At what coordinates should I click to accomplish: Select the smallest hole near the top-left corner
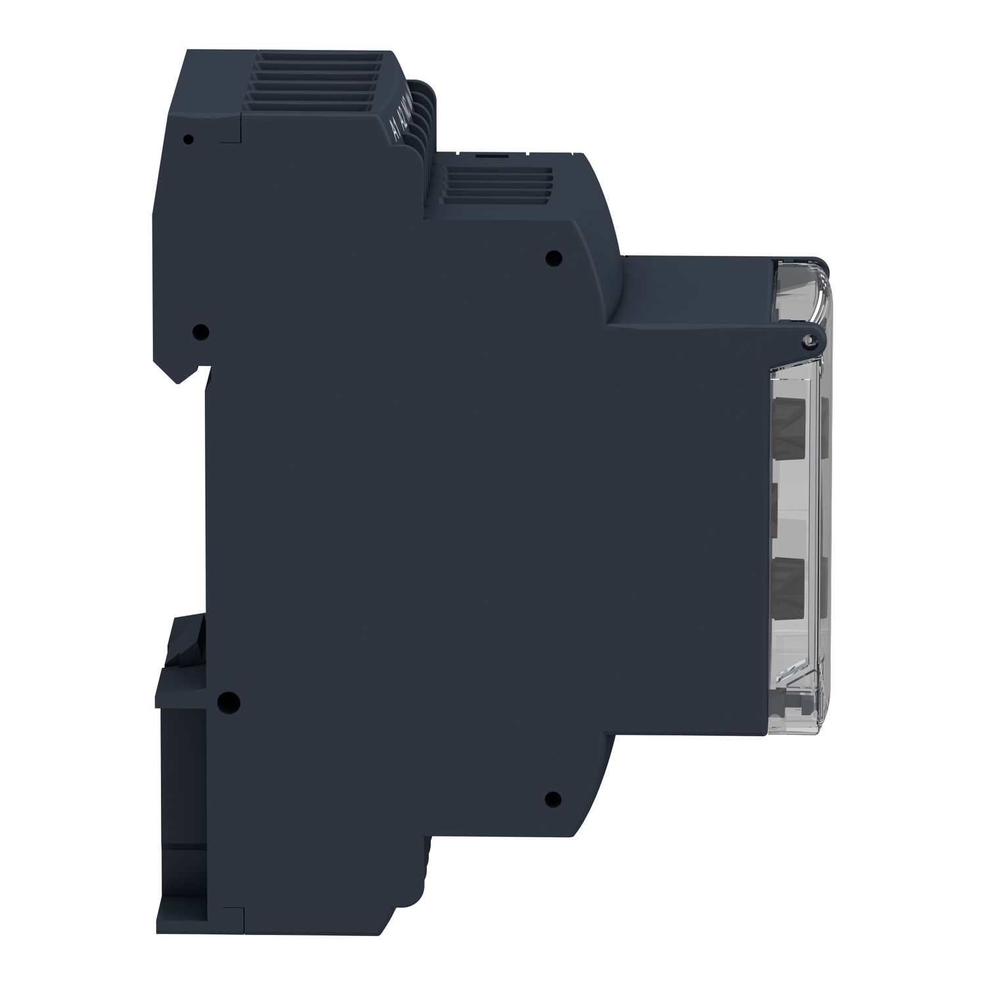pyautogui.click(x=189, y=139)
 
